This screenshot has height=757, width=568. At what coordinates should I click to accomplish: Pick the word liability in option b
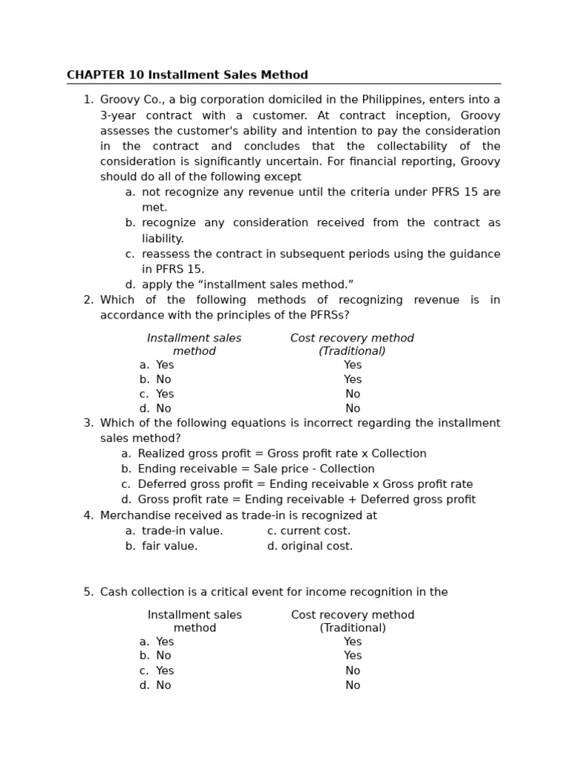(162, 239)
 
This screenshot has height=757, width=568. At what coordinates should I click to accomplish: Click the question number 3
(88, 423)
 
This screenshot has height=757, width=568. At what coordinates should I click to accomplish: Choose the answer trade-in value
(182, 531)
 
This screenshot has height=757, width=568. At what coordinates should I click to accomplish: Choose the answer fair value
(169, 546)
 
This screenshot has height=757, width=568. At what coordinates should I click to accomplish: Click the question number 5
(88, 592)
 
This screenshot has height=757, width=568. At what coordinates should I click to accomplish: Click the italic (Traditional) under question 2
(352, 351)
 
